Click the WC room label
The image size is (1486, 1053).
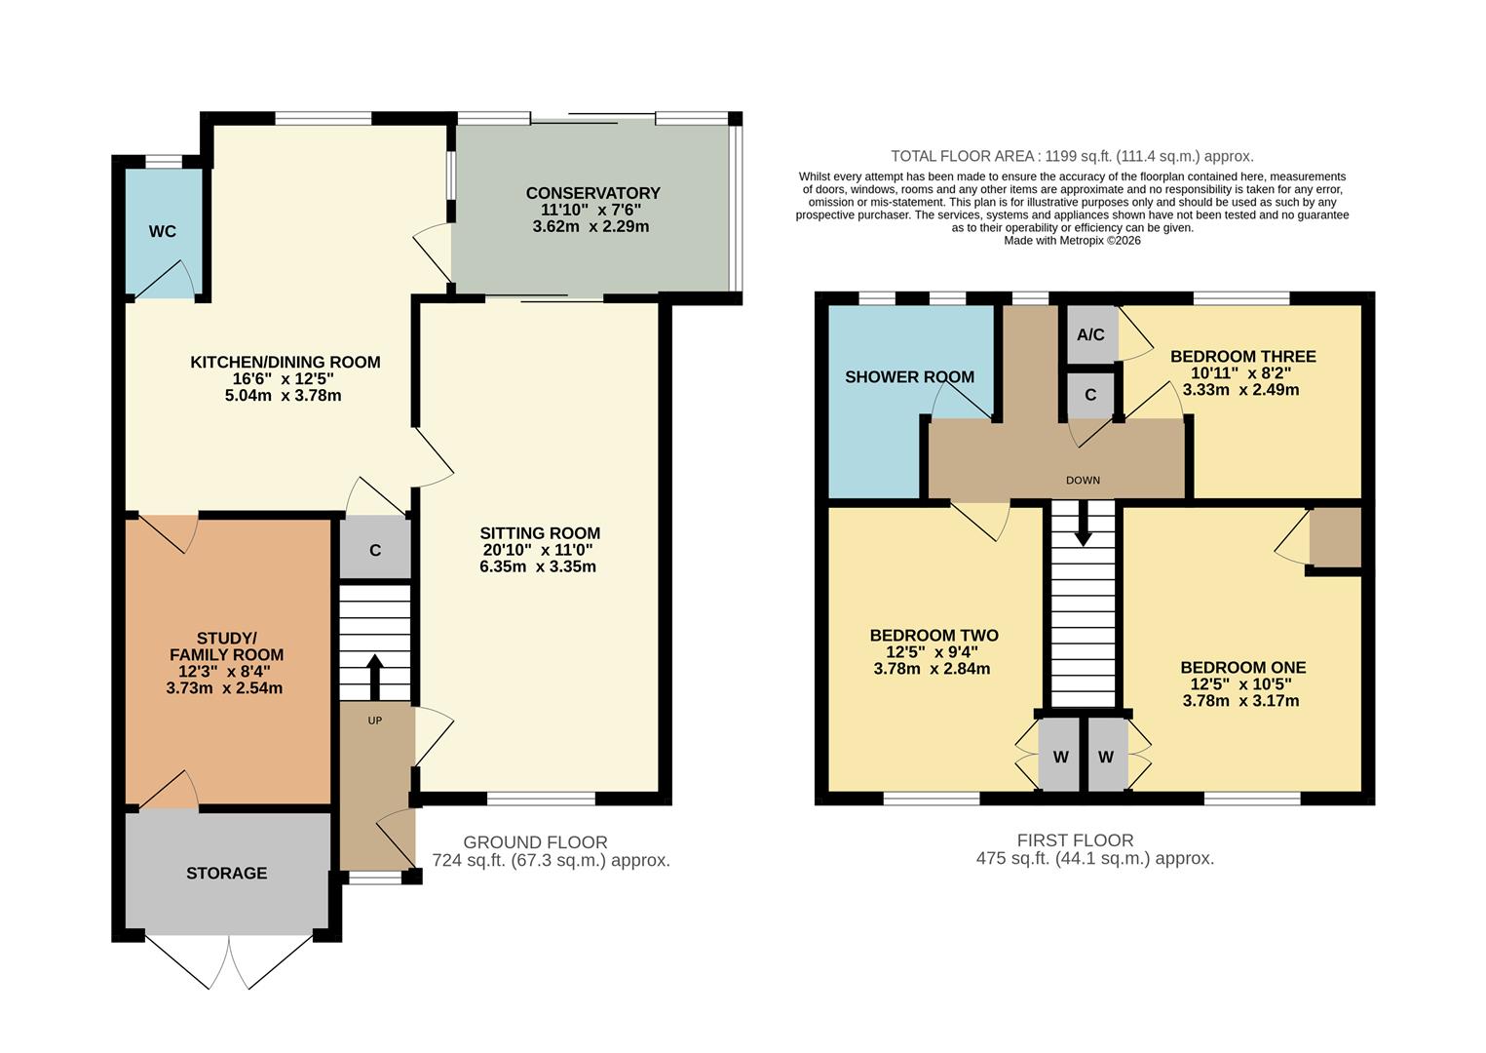(163, 231)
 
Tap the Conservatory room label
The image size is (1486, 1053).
(592, 193)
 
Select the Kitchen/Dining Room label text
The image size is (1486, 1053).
(285, 362)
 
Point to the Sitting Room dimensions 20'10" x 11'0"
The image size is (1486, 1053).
(538, 550)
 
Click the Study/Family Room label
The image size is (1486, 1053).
(226, 646)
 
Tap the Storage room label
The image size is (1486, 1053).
(226, 873)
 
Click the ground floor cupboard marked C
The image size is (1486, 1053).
(375, 551)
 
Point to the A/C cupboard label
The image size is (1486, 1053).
(1090, 334)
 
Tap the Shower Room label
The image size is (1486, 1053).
(909, 376)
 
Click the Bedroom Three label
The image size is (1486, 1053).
(1242, 357)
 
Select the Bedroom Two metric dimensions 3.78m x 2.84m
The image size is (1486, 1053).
(932, 669)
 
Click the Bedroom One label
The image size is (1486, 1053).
(1242, 668)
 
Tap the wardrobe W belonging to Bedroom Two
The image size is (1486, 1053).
(1060, 757)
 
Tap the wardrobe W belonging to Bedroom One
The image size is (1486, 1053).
(1106, 757)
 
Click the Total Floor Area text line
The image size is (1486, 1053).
(1072, 156)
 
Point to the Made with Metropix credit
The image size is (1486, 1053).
(1072, 240)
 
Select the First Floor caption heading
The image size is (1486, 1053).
(1075, 839)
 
